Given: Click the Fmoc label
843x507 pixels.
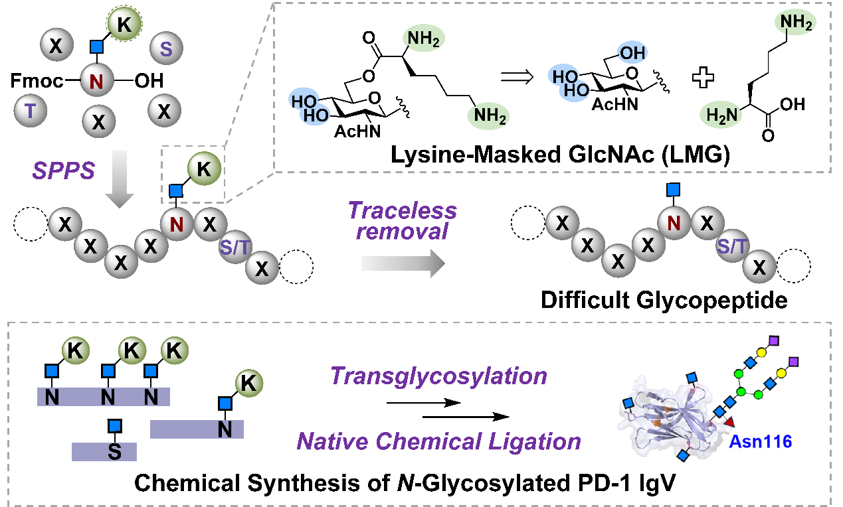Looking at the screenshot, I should coord(37,82).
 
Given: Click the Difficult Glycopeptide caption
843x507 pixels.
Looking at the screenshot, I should coord(664,300).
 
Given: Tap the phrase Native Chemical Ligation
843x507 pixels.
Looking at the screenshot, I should coord(438,440).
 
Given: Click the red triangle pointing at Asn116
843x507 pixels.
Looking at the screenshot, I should coord(731,422).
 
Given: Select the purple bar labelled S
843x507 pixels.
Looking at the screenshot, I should coord(104,452).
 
